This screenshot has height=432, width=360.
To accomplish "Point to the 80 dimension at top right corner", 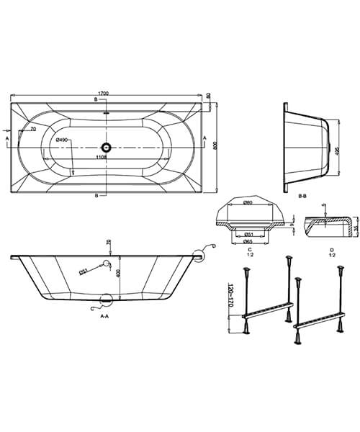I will point(208,96).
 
